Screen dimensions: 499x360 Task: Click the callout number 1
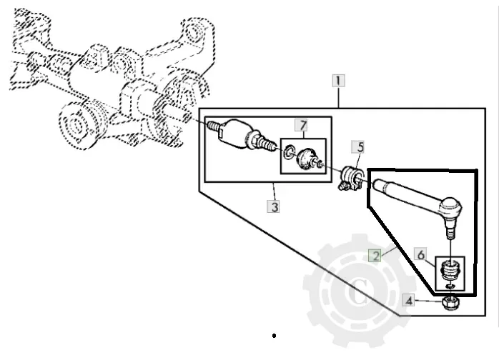coord(339,81)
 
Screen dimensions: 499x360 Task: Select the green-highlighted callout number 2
coord(376,256)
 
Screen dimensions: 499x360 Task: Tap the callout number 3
coord(274,206)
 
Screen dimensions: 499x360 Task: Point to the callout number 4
coord(409,301)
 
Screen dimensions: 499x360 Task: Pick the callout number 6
coord(420,254)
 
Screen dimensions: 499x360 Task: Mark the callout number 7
coord(302,125)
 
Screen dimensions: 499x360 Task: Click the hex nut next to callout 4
coord(451,303)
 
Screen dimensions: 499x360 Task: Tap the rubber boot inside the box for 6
coord(450,269)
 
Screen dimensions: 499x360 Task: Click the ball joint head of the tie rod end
coord(450,206)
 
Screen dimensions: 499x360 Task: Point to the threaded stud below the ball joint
coord(450,230)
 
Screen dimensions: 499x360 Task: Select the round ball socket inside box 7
coord(306,158)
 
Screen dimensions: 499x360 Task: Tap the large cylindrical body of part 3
coord(235,134)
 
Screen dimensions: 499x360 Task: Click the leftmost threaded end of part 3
coord(214,126)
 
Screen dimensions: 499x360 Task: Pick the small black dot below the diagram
coord(275,336)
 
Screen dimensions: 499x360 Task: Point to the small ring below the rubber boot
coord(450,286)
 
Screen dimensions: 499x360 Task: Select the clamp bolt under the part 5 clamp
coord(343,186)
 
